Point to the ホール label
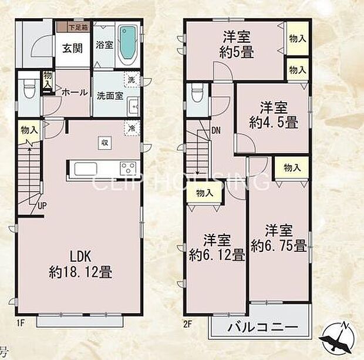tap(75, 93)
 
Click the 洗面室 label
tap(110, 96)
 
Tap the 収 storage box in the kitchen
tap(104, 143)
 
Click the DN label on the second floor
tap(216, 130)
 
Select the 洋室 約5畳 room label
tap(237, 43)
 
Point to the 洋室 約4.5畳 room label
tap(272, 115)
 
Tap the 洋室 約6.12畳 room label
tap(217, 248)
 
